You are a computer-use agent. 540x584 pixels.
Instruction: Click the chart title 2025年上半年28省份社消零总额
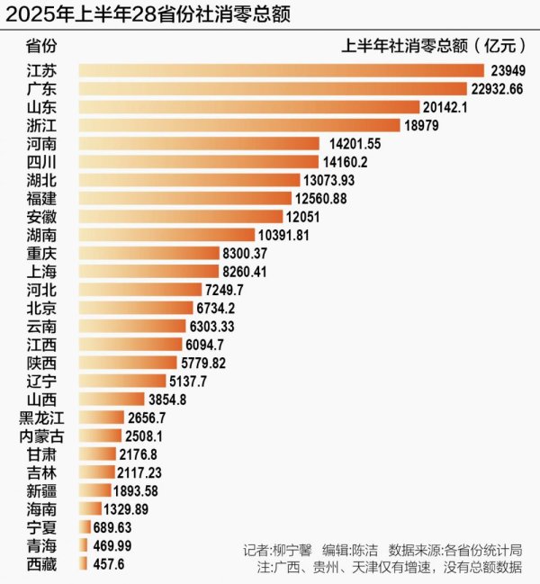(x=148, y=15)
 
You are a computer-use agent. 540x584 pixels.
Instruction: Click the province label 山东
(x=41, y=107)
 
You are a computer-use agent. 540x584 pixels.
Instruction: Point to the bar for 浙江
(x=238, y=125)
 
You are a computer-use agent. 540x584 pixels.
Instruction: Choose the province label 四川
(x=41, y=162)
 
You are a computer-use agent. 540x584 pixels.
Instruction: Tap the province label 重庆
(x=41, y=253)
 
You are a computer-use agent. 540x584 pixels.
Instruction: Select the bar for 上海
(x=148, y=272)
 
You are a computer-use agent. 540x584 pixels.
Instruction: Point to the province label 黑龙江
(x=41, y=418)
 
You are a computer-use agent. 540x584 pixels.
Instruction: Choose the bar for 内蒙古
(x=100, y=436)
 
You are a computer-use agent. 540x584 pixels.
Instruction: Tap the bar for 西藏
(x=82, y=563)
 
